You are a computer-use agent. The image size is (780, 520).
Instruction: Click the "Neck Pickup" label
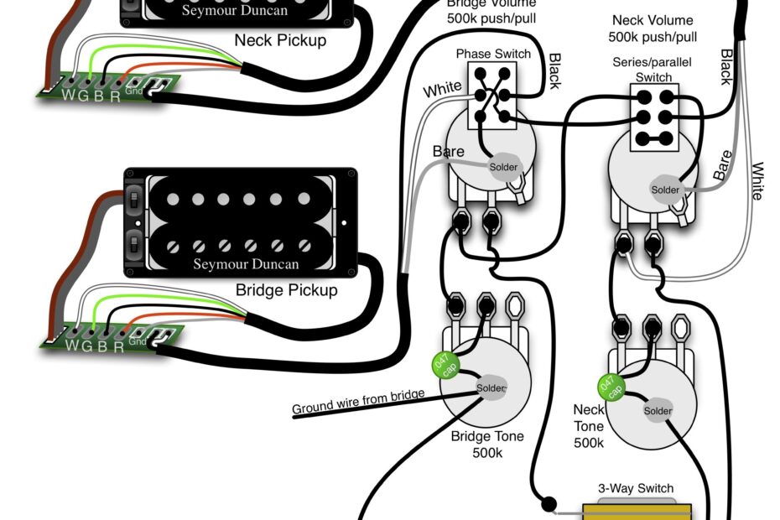point(280,39)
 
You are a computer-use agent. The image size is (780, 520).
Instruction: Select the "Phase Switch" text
point(492,54)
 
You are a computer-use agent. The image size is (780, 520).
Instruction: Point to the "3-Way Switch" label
point(635,488)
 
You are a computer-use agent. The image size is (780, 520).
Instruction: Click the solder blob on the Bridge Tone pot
point(491,388)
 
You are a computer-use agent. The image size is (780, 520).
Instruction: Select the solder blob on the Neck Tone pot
point(658,410)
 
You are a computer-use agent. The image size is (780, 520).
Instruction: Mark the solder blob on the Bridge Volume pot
point(504,167)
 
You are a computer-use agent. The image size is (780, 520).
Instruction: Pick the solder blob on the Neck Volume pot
point(665,190)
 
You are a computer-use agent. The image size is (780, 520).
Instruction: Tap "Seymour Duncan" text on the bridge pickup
point(246,264)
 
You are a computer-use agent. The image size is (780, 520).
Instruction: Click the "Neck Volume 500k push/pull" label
point(653,29)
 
